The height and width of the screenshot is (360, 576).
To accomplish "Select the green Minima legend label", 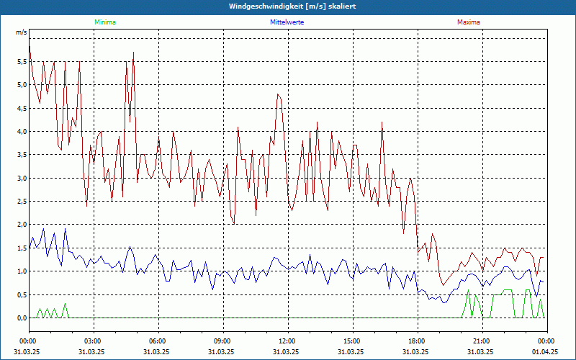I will [x=104, y=22].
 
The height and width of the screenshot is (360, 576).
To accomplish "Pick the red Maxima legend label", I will [x=468, y=22].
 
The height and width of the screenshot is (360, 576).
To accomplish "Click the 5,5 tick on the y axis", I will [x=21, y=62].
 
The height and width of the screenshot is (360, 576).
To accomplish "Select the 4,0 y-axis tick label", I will [x=21, y=132].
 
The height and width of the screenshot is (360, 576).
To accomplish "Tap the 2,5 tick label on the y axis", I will [x=21, y=202].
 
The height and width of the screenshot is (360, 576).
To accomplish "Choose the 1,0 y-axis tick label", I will [x=21, y=271].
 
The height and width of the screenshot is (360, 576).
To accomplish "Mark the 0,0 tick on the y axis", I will [x=21, y=318].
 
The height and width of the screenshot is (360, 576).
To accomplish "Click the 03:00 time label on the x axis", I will [x=93, y=341].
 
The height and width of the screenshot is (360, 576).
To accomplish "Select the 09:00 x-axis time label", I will [x=222, y=341].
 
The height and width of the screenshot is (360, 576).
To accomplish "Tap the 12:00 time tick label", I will [x=287, y=341].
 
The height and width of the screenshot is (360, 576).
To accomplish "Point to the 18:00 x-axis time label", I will [x=417, y=341].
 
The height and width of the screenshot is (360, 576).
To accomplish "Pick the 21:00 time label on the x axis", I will [x=482, y=341].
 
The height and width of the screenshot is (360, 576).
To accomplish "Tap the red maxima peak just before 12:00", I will [x=278, y=94].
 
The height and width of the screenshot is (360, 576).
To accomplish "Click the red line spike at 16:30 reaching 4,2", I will [x=382, y=122].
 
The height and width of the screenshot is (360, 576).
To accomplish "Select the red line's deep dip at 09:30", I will [x=233, y=224].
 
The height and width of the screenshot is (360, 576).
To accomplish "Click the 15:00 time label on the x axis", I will [x=352, y=341].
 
